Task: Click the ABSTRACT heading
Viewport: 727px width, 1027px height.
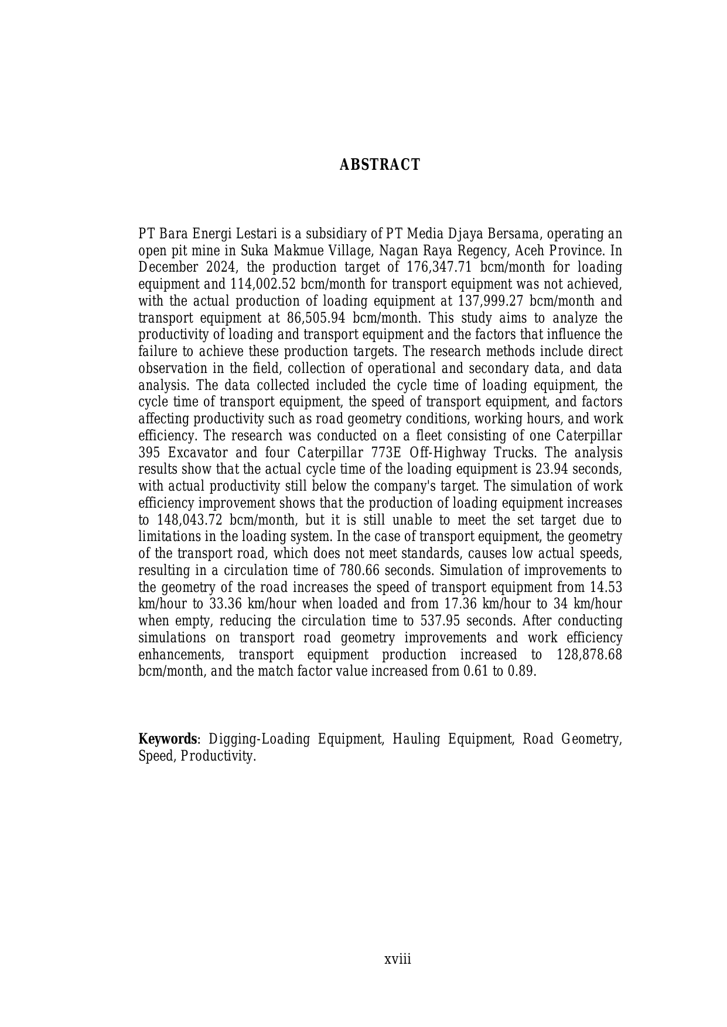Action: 380,165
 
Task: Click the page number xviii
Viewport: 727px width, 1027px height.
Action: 397,960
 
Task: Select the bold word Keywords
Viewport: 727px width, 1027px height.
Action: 167,739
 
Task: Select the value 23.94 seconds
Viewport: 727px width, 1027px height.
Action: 578,470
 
